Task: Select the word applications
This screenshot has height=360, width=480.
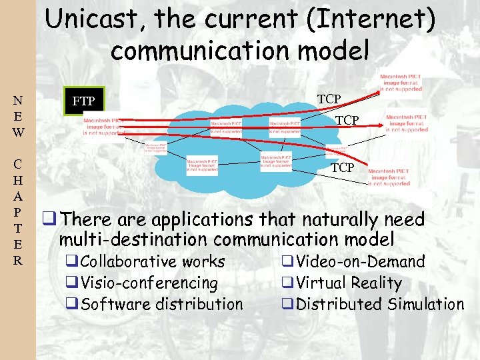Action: coord(203,219)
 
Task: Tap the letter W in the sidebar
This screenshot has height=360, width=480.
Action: coord(18,132)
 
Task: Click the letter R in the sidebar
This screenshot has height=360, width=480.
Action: coord(18,259)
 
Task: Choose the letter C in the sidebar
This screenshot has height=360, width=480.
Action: coord(18,164)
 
